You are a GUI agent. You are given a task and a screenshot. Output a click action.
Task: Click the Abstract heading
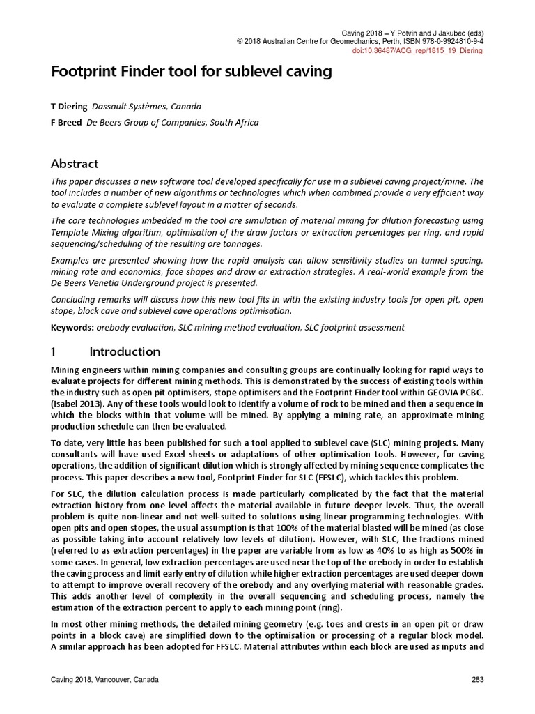pyautogui.click(x=75, y=164)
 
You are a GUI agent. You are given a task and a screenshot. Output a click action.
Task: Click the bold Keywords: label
pyautogui.click(x=73, y=327)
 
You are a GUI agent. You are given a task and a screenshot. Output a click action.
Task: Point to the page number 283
pyautogui.click(x=477, y=680)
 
